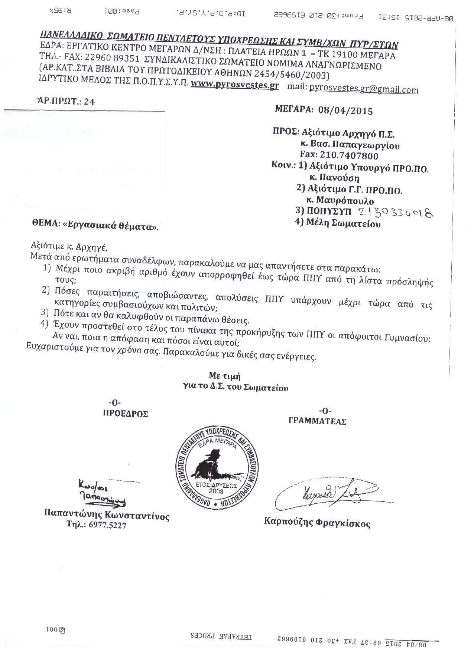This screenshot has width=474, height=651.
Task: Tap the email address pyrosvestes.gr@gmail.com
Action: tap(364, 89)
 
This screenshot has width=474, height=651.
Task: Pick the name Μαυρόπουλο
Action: tap(345, 201)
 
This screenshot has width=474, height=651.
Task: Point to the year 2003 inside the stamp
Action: tap(216, 491)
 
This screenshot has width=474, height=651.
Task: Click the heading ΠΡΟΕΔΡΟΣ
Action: tap(125, 414)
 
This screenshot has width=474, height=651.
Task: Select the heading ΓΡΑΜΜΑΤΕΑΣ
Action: tap(317, 421)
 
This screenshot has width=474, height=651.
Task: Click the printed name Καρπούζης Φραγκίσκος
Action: tap(317, 523)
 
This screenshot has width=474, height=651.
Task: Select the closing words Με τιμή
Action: tap(224, 377)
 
